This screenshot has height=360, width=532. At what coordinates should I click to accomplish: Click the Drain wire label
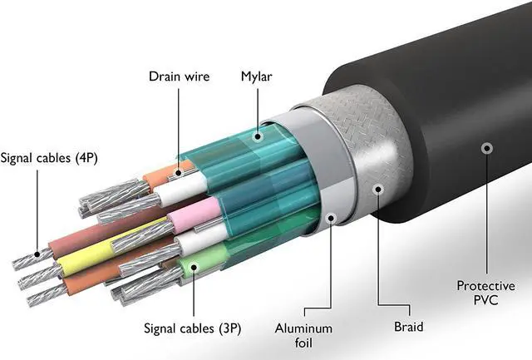(179, 76)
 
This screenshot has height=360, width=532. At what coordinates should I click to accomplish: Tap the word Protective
(485, 286)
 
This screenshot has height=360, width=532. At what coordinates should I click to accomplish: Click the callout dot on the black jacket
(485, 148)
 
